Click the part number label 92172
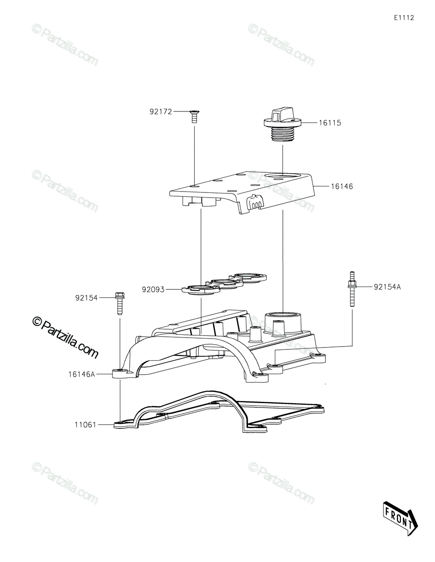(x=161, y=111)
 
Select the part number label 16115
(x=330, y=123)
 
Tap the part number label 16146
(x=342, y=186)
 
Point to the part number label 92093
(x=153, y=289)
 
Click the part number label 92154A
(x=387, y=287)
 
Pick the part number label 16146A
(x=81, y=374)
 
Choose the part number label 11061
(x=85, y=425)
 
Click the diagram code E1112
(x=404, y=18)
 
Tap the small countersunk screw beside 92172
(x=192, y=117)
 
